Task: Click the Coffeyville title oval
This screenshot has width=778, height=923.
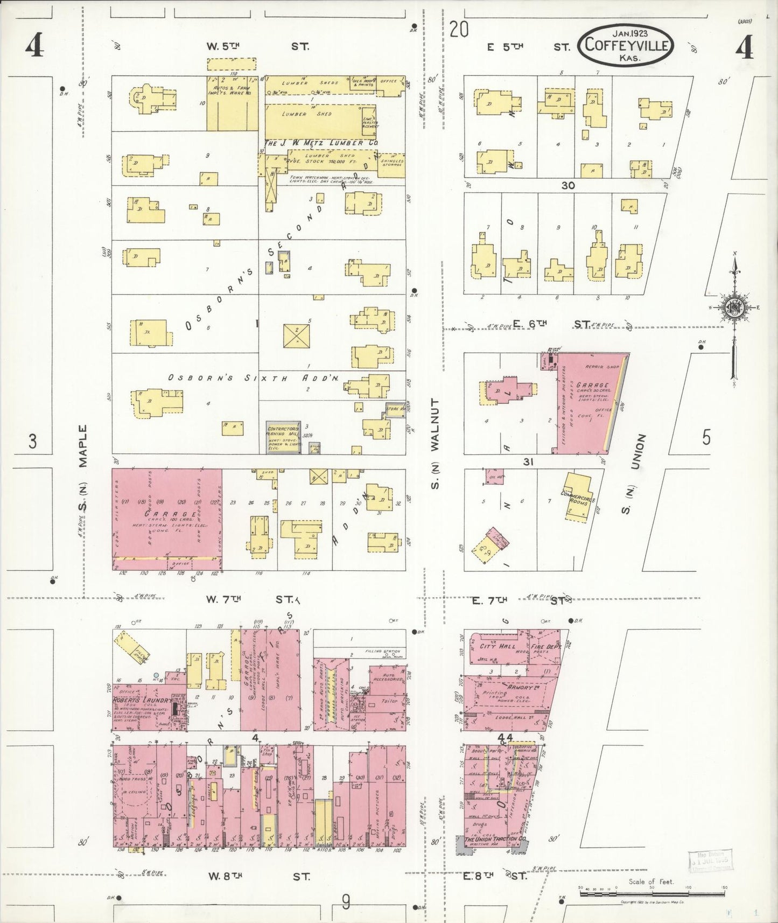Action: point(626,45)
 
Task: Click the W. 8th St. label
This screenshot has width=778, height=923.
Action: point(258,876)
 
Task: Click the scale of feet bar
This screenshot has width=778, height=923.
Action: point(652,893)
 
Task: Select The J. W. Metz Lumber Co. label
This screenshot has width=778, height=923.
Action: point(321,144)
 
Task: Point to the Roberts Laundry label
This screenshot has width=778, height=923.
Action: point(142,701)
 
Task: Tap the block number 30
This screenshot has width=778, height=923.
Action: point(567,185)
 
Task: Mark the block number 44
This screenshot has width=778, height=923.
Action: point(506,737)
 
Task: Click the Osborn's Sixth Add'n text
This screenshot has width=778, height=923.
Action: point(253,379)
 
